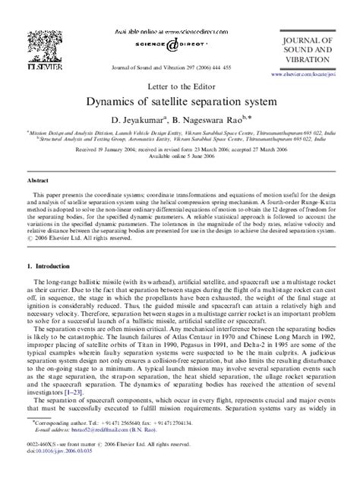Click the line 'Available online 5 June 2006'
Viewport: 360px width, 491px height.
tap(180, 156)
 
